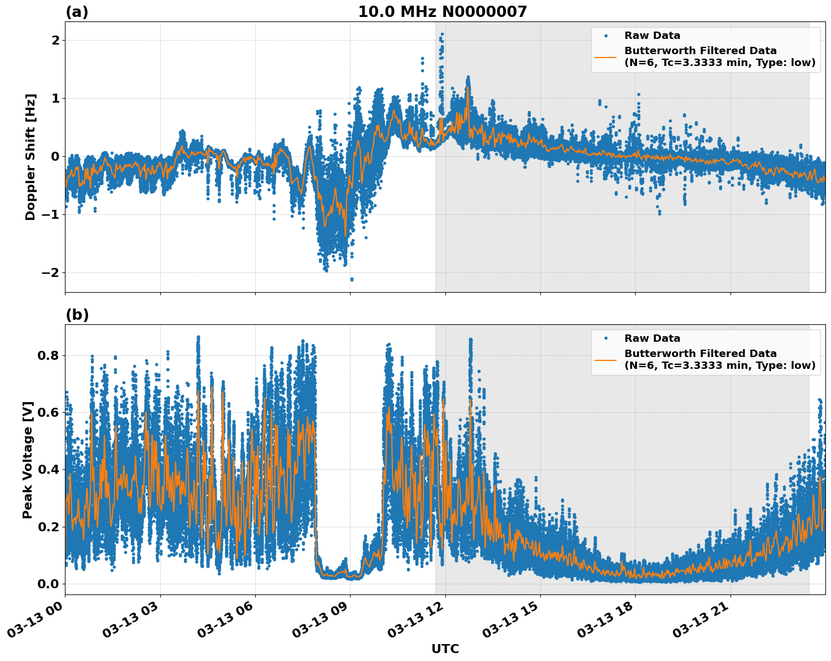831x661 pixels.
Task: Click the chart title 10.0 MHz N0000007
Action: pyautogui.click(x=442, y=12)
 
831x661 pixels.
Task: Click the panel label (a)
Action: pyautogui.click(x=77, y=12)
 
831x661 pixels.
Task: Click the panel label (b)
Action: pyautogui.click(x=77, y=315)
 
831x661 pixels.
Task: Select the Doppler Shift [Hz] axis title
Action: pyautogui.click(x=30, y=157)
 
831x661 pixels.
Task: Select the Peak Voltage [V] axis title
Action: pyautogui.click(x=28, y=460)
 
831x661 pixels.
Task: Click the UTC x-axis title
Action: pyautogui.click(x=445, y=649)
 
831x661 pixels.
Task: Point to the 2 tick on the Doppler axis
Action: pyautogui.click(x=55, y=40)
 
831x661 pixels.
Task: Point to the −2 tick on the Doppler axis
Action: pyautogui.click(x=51, y=272)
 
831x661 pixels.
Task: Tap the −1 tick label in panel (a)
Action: pyautogui.click(x=51, y=214)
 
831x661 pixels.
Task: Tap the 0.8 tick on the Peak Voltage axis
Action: pyautogui.click(x=49, y=355)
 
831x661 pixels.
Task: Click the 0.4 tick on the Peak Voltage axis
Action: pyautogui.click(x=49, y=469)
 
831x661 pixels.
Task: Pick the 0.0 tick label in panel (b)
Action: pyautogui.click(x=49, y=584)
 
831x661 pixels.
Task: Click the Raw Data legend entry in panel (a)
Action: pyautogui.click(x=652, y=36)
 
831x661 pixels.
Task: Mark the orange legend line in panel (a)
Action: pyautogui.click(x=605, y=57)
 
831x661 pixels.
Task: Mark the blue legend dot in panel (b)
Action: pyautogui.click(x=605, y=338)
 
